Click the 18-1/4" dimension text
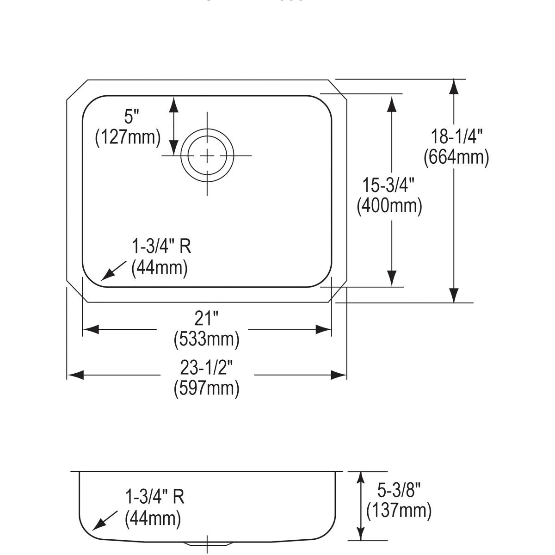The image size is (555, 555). click(x=456, y=137)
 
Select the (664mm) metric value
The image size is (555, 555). click(x=456, y=157)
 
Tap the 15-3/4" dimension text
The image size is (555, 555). click(x=388, y=185)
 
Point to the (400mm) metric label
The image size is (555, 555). click(x=389, y=206)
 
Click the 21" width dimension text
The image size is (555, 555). click(x=206, y=319)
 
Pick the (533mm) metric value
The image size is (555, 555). click(x=206, y=339)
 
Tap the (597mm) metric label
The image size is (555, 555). click(x=206, y=388)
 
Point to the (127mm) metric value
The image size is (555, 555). click(x=128, y=137)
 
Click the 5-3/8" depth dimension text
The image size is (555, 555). click(x=398, y=490)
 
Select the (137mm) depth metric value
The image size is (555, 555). click(x=399, y=511)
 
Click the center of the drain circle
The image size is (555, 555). click(x=207, y=156)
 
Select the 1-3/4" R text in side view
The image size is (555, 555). click(x=154, y=497)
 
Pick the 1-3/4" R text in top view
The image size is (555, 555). click(x=161, y=247)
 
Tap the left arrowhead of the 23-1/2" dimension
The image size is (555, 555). click(x=75, y=375)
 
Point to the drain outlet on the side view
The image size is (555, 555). click(x=207, y=543)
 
